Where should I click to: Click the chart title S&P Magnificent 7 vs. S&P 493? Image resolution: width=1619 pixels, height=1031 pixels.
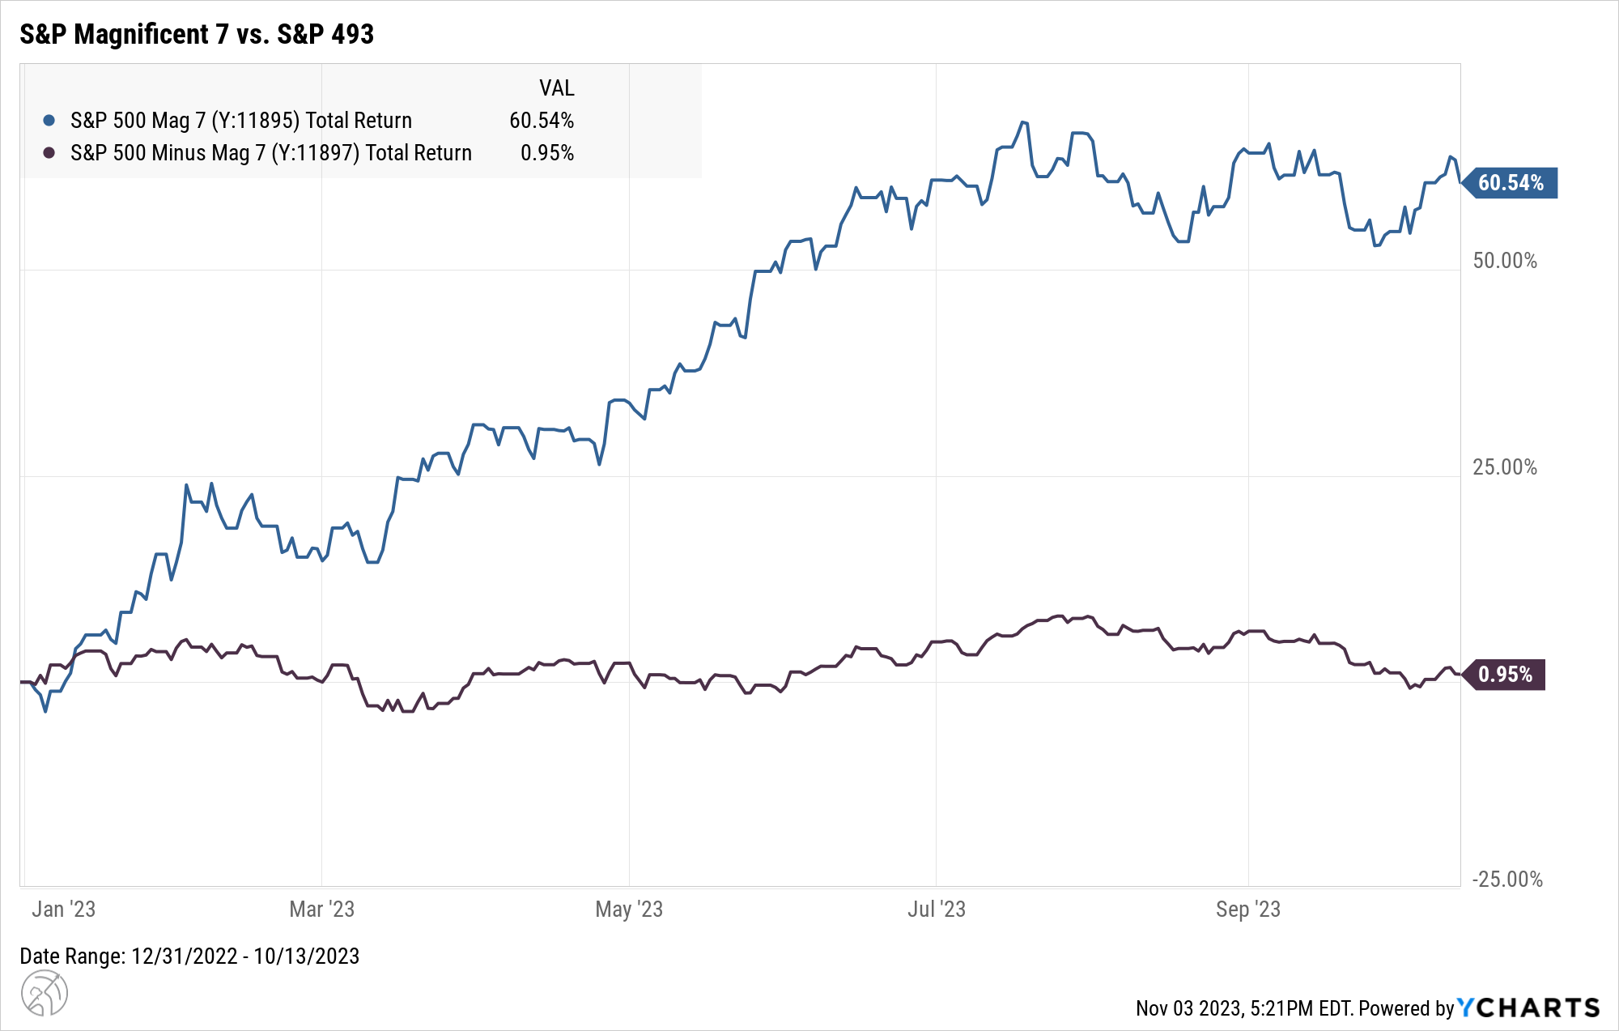197,34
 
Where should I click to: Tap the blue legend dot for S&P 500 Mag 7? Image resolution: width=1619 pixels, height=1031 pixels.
49,121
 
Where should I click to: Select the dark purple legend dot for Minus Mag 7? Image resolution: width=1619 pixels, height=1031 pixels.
49,153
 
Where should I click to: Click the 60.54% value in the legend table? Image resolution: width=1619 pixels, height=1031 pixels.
542,121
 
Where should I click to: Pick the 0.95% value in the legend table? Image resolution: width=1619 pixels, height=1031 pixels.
547,153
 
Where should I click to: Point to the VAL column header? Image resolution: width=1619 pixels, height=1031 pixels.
557,87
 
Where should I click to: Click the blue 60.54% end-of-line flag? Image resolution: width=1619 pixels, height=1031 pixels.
1510,183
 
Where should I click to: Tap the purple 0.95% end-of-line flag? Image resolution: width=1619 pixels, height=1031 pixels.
1505,675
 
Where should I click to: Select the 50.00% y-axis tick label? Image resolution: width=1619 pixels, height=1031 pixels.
1505,261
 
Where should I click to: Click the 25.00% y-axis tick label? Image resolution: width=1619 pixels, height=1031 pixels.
1505,467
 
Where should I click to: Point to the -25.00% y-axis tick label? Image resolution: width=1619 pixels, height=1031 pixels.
1506,880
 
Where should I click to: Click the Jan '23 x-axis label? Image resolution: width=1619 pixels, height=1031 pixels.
64,910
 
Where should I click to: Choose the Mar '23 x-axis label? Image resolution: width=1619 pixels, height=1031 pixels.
322,910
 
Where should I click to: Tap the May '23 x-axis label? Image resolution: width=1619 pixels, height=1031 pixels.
629,910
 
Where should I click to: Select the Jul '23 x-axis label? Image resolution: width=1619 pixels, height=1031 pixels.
937,910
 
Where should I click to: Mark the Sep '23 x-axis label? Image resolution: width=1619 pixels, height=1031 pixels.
1248,910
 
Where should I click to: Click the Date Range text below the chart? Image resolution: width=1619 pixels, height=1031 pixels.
189,956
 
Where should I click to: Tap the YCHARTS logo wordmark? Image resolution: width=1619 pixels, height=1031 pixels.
1529,1008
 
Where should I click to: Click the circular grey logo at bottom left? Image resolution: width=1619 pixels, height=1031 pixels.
44,993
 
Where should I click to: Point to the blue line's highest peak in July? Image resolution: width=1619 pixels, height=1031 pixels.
1024,122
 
